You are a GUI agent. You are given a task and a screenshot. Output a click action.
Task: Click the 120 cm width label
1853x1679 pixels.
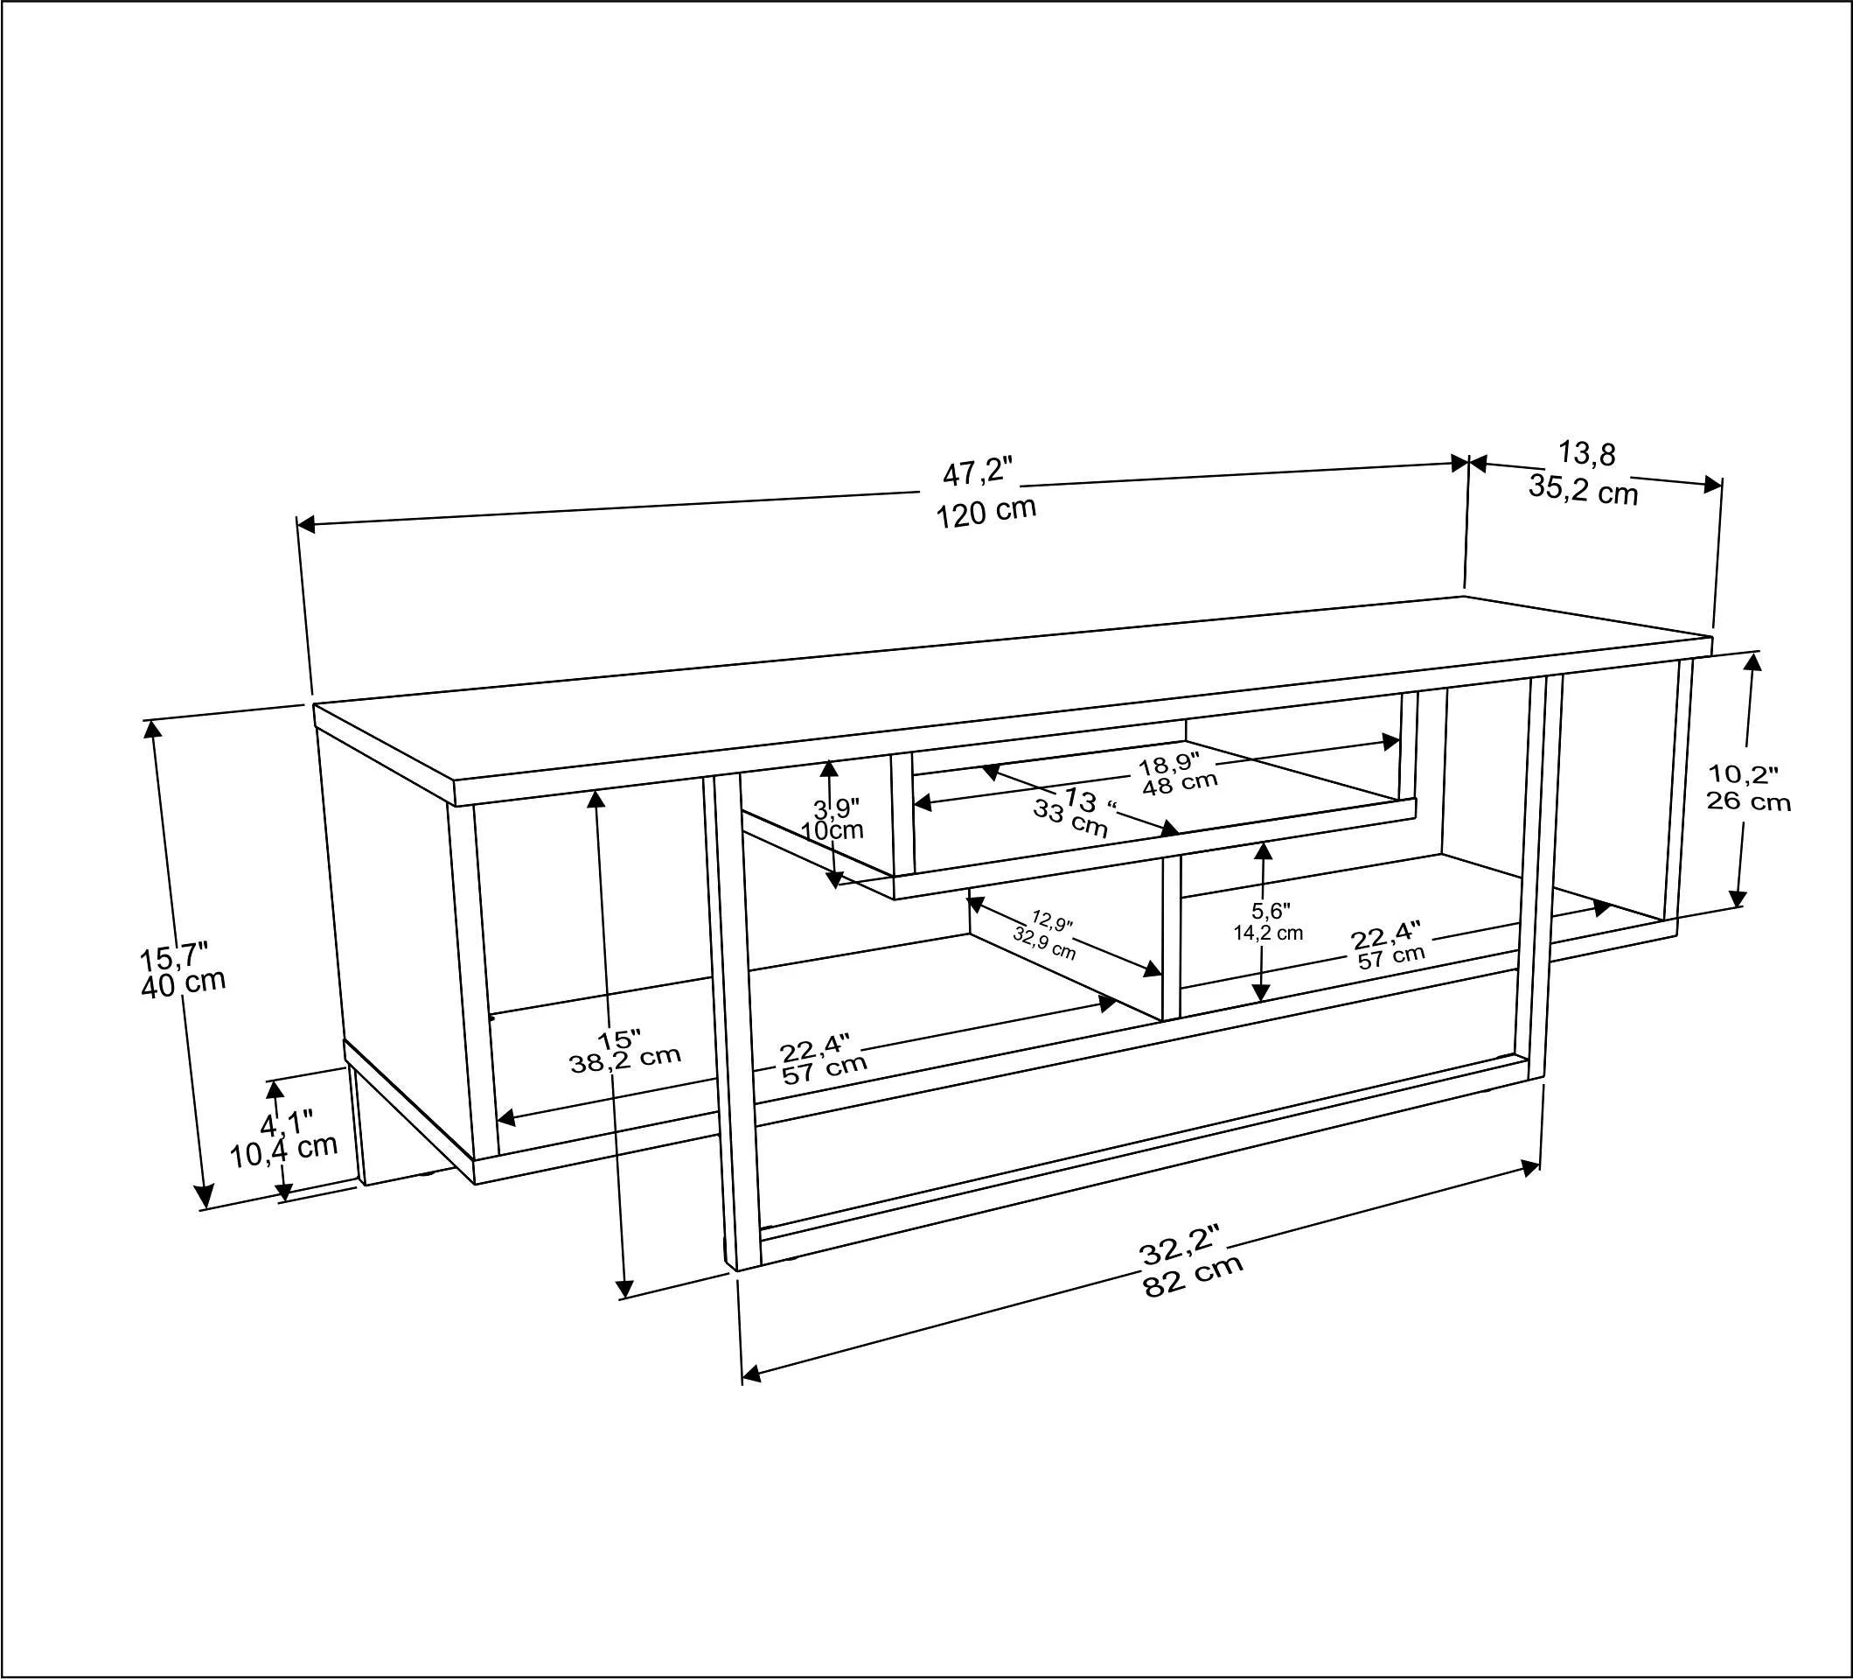pyautogui.click(x=986, y=512)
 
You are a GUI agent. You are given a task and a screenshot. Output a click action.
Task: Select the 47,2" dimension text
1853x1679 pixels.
pyautogui.click(x=977, y=473)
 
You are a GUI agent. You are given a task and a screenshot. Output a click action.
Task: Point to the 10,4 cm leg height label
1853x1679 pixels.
pyautogui.click(x=283, y=1150)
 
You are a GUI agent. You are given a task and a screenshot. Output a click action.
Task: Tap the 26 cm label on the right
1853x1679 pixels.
pyautogui.click(x=1748, y=801)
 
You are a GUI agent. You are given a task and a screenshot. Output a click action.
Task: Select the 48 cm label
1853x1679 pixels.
pyautogui.click(x=1180, y=783)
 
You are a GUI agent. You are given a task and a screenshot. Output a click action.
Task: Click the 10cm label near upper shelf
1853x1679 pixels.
pyautogui.click(x=832, y=829)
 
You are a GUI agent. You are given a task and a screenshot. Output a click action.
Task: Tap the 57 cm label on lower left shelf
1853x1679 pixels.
pyautogui.click(x=824, y=1068)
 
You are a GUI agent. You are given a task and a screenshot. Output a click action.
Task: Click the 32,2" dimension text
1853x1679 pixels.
pyautogui.click(x=1180, y=1245)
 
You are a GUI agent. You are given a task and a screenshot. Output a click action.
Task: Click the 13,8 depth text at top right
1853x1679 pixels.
pyautogui.click(x=1586, y=453)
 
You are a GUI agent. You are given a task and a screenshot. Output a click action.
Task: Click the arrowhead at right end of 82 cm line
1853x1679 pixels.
pyautogui.click(x=1531, y=1168)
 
